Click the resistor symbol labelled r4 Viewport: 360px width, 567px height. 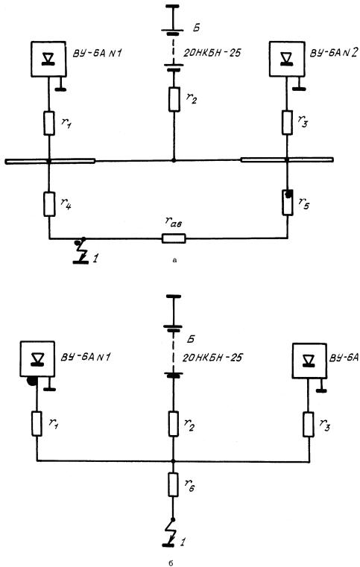click(x=49, y=204)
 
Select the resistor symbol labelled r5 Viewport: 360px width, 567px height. click(x=287, y=203)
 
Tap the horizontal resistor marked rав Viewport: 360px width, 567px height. click(x=174, y=238)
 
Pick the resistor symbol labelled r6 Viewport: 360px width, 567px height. click(x=173, y=484)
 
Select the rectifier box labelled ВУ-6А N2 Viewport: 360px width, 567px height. click(x=287, y=59)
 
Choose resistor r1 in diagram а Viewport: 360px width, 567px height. click(x=49, y=123)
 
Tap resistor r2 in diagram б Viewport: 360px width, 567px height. click(x=173, y=423)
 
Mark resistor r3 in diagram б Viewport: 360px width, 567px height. click(x=309, y=424)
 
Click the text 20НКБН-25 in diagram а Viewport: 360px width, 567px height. click(x=212, y=53)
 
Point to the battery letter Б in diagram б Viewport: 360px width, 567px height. click(x=191, y=339)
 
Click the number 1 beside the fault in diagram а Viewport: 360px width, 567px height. click(x=95, y=259)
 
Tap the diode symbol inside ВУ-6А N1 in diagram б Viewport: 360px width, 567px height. click(x=37, y=358)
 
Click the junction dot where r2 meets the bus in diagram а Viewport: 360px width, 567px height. click(x=174, y=160)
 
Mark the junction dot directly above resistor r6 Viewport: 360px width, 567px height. click(x=173, y=460)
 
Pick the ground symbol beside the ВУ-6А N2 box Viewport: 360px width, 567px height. click(x=299, y=85)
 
